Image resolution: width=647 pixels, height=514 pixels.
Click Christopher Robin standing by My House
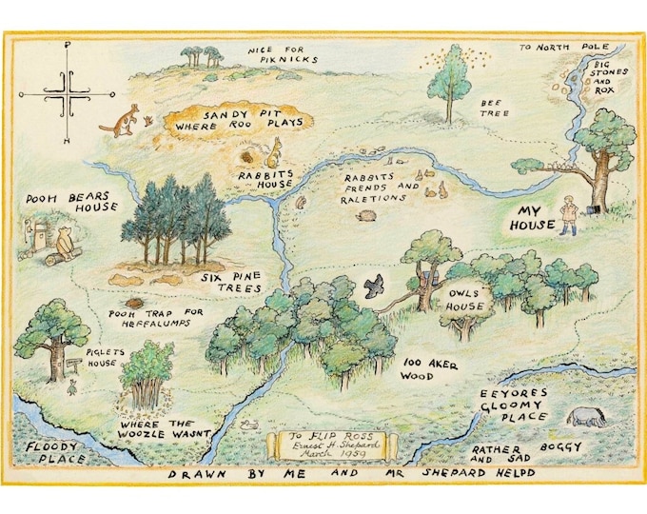(569, 214)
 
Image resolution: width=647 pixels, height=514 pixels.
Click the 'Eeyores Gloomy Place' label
(513, 405)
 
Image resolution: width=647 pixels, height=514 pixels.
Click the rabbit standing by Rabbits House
(275, 150)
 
